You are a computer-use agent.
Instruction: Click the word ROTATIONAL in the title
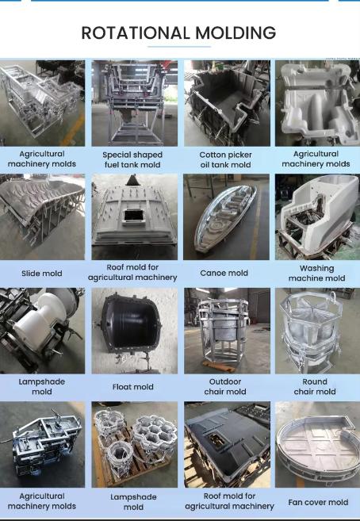coord(136,33)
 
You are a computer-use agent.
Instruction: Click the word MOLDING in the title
coord(236,33)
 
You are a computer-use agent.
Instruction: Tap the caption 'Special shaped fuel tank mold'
coord(132,159)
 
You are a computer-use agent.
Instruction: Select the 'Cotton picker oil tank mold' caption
coord(225,159)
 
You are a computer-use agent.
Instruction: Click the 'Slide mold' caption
coord(42,274)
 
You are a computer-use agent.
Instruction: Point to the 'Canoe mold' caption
coord(224,273)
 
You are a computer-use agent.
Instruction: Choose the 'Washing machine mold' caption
coord(317,273)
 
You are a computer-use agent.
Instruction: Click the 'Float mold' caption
coord(133,387)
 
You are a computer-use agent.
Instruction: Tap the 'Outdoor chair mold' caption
coord(225,386)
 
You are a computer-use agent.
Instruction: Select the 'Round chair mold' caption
coord(315,386)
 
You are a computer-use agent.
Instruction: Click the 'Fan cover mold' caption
coord(318,502)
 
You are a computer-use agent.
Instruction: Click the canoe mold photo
coord(227,216)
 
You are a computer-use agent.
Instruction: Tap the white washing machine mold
coord(318,213)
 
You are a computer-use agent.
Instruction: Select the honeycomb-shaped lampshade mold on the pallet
coord(155,434)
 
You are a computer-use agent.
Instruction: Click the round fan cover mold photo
coord(318,445)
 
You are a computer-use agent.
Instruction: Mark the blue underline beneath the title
coord(179,47)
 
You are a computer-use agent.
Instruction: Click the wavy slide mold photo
coord(42,216)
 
